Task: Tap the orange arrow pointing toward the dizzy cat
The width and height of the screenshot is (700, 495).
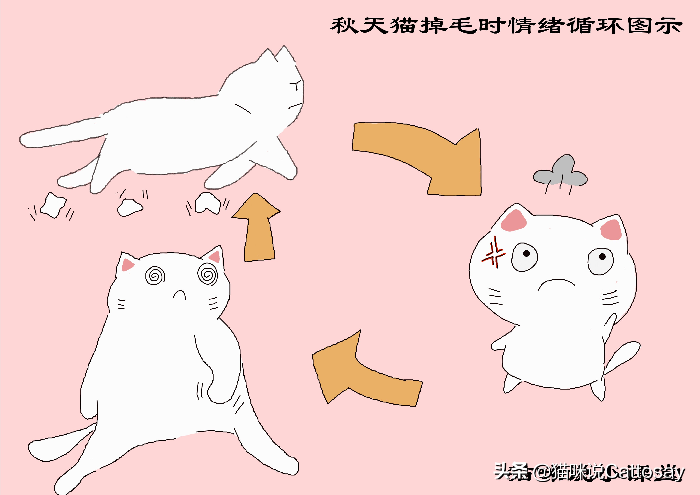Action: tap(360, 378)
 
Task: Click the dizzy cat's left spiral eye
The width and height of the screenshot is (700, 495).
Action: tap(155, 275)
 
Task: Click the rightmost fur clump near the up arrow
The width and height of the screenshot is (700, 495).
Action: tap(207, 203)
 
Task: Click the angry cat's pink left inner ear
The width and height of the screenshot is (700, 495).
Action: tap(513, 221)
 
